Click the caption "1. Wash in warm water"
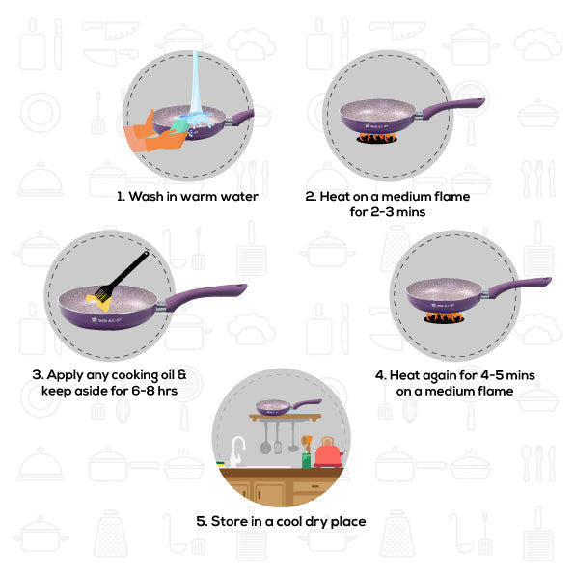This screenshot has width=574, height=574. point(187,196)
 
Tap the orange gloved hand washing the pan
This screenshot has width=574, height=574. point(154,132)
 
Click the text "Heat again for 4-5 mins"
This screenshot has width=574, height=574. point(454,374)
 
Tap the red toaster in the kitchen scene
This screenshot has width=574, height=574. point(329,451)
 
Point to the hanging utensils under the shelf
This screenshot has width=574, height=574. point(279,436)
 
